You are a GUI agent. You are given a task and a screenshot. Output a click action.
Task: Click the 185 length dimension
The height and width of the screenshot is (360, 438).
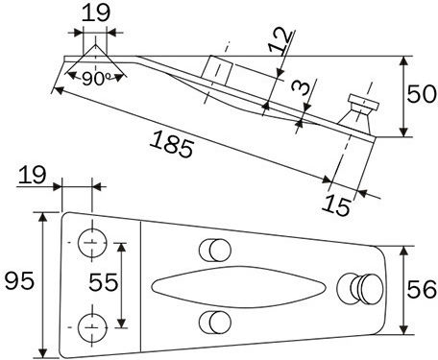171,144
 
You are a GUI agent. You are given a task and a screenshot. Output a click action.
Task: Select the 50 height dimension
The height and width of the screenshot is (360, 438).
422,94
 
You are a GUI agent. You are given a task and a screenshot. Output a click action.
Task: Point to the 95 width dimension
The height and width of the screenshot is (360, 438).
19,280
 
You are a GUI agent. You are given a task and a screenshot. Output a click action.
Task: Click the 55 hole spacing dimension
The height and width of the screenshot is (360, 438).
104,282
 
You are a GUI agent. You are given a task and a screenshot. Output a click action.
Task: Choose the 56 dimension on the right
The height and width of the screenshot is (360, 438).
422,289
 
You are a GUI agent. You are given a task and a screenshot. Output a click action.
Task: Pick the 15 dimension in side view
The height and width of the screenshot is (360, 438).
336,205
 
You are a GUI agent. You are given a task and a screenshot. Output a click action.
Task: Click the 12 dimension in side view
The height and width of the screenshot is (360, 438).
280,41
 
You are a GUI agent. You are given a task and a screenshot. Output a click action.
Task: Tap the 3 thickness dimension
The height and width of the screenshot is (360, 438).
302,88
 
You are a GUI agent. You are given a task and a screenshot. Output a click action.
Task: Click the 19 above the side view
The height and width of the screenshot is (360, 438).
96,12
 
